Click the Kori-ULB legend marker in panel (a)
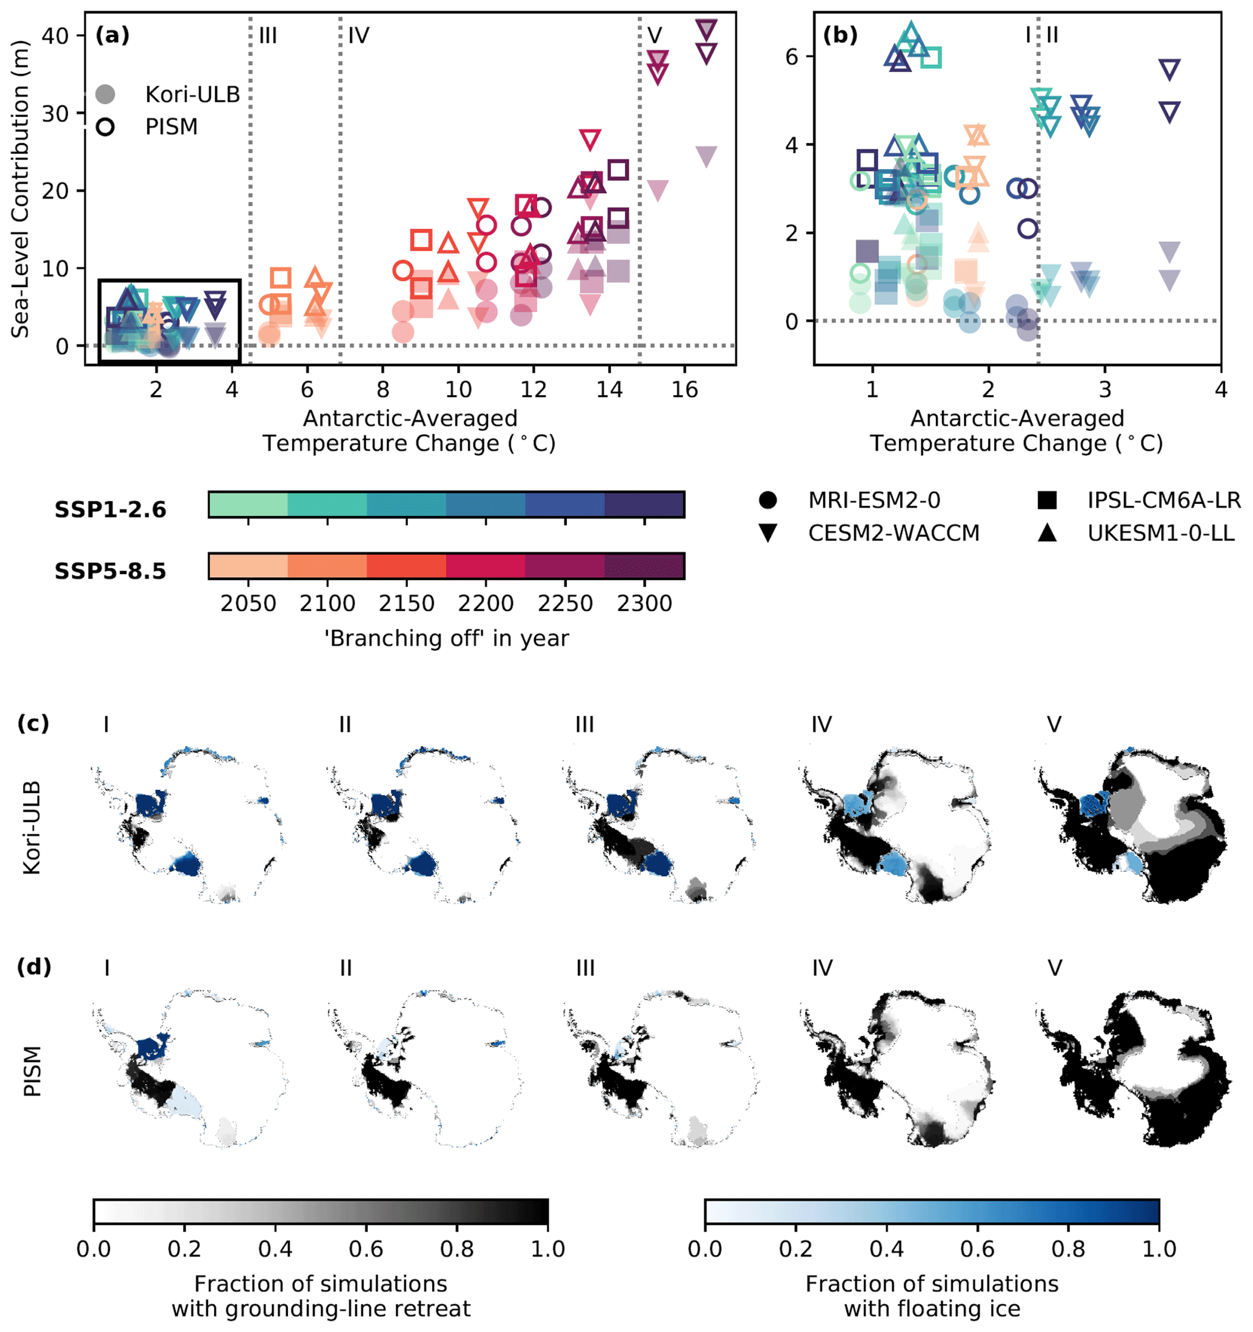105,94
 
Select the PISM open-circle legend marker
105,127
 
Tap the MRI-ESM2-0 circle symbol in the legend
767,500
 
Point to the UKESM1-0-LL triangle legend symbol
1047,533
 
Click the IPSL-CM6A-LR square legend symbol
1047,500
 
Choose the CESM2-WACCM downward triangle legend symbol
767,533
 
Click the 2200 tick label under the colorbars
486,604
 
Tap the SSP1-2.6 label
110,510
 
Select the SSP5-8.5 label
110,572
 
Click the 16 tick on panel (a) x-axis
684,389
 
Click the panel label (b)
840,35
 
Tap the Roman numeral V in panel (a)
654,36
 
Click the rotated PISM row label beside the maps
32,1071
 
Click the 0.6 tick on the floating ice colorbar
977,1249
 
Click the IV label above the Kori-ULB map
821,724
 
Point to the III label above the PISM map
584,968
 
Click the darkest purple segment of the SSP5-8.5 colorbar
644,566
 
